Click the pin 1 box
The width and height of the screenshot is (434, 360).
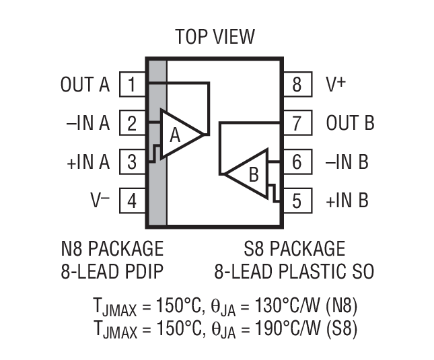[133, 85]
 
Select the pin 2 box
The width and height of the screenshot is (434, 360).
[133, 124]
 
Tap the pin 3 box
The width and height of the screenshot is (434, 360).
[133, 162]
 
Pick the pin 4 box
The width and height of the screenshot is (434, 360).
[133, 201]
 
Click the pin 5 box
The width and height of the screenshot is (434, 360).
[296, 201]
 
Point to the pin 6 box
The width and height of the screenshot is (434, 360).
[296, 162]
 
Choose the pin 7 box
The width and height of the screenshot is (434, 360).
[296, 124]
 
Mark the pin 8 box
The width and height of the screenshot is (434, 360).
[296, 85]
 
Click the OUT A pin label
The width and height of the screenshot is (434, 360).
[85, 85]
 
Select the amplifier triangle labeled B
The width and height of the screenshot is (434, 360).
[248, 174]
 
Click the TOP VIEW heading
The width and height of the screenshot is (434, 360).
[215, 36]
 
